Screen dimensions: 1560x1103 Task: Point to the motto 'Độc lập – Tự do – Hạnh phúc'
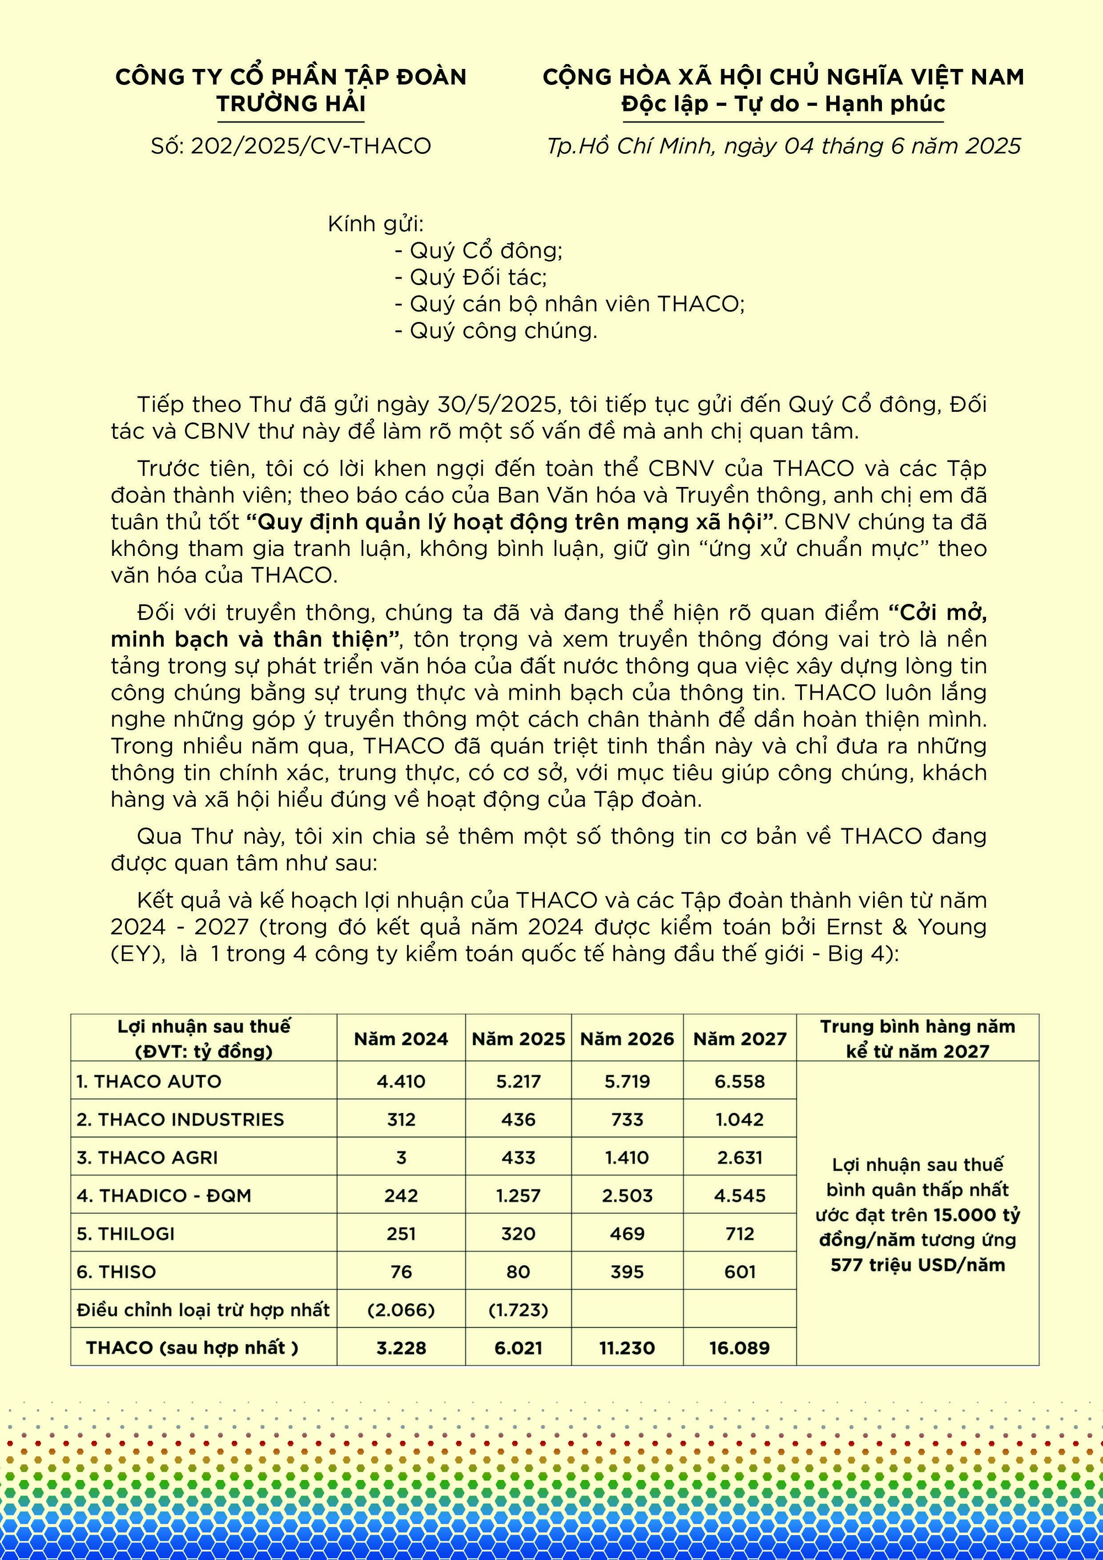click(x=783, y=104)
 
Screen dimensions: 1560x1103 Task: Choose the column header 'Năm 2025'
click(x=518, y=1039)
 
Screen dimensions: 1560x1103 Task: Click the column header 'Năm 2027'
click(x=740, y=1039)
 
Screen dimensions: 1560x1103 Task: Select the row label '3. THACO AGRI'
click(x=147, y=1158)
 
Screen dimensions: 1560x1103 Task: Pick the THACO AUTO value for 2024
click(x=401, y=1082)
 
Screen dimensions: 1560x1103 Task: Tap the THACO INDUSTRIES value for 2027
click(x=740, y=1120)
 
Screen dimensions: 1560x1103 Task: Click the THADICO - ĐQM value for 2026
click(x=627, y=1196)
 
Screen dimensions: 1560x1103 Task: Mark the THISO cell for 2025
click(x=518, y=1272)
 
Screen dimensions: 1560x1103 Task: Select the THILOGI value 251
click(x=401, y=1234)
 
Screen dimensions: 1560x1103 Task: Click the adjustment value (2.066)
click(x=401, y=1310)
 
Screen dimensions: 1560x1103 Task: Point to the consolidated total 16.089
click(x=740, y=1349)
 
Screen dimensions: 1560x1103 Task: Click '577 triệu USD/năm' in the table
click(x=918, y=1265)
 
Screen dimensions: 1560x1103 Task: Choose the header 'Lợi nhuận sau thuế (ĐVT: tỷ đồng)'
click(x=204, y=1039)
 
